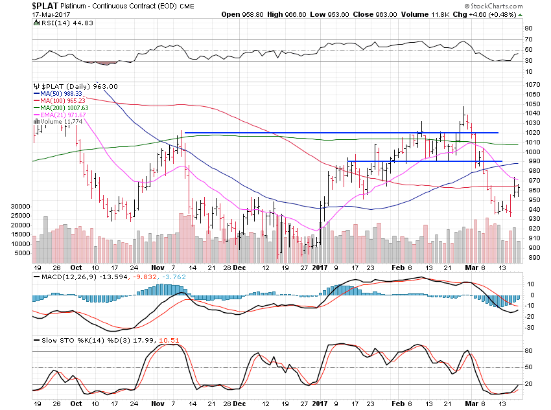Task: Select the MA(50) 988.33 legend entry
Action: click(x=59, y=94)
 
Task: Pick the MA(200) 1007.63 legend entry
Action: click(x=62, y=108)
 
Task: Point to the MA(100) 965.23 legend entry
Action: click(x=60, y=100)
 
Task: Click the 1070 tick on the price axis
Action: click(x=532, y=84)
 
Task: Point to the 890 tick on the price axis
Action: click(x=530, y=257)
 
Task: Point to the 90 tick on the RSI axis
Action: click(x=528, y=28)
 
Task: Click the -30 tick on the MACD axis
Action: click(x=529, y=327)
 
